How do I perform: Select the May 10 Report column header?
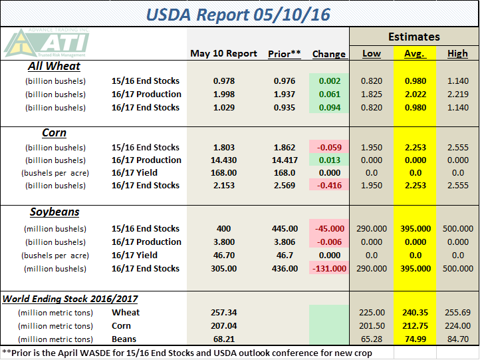point(223,54)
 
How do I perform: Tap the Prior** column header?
point(285,54)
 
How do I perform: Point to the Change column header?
point(328,54)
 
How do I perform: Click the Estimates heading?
point(414,37)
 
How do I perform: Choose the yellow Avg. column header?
point(415,54)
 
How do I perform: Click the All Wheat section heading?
point(54,67)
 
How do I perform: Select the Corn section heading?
point(54,132)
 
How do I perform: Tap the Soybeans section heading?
point(55,212)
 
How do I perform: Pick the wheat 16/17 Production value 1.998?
point(224,94)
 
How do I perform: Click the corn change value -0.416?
point(328,186)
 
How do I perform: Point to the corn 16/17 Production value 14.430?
point(224,160)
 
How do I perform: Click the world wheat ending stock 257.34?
point(224,312)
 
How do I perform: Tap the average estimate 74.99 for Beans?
point(414,339)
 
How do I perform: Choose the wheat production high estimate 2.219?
point(457,94)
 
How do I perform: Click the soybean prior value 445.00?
point(285,228)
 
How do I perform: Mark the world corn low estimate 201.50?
point(371,325)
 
